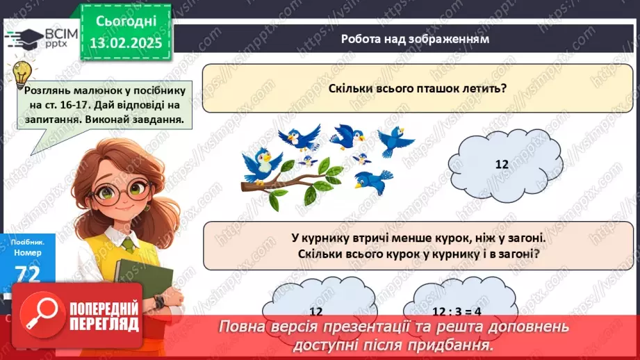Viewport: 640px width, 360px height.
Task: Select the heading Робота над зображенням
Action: [415, 39]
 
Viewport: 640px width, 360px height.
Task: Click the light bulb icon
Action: [23, 72]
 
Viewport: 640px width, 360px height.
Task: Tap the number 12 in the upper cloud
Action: [502, 164]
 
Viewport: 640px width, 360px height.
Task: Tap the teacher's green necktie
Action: [129, 244]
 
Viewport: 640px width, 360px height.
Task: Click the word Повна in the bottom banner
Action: [243, 327]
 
